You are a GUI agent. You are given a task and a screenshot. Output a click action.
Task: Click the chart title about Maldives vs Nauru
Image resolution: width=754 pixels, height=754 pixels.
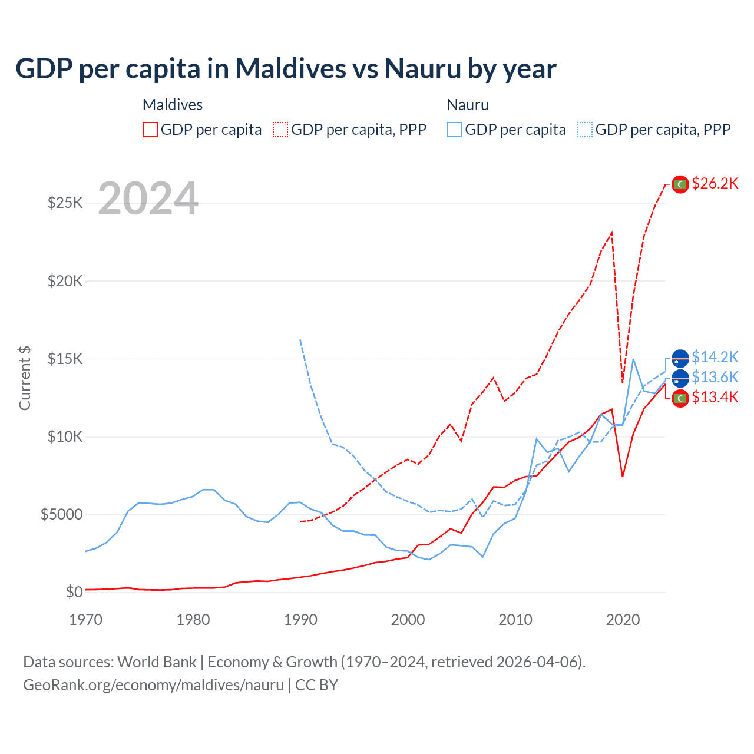click(x=286, y=69)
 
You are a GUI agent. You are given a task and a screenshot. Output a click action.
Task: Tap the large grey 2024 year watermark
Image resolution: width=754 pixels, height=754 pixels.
click(x=148, y=199)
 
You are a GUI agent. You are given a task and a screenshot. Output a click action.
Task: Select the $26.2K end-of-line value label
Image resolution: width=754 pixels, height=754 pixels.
click(x=715, y=184)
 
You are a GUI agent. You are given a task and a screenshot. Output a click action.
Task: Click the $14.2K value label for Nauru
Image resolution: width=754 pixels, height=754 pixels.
click(x=715, y=358)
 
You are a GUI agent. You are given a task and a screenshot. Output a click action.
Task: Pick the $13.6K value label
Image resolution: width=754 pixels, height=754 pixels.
click(x=715, y=378)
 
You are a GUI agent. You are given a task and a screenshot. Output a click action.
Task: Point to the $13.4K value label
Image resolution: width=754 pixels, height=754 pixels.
click(x=715, y=398)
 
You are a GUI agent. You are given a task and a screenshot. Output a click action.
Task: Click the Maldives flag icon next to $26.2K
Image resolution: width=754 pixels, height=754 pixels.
click(x=680, y=184)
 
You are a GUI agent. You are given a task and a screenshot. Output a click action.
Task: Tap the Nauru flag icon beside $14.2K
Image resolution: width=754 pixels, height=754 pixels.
click(x=680, y=358)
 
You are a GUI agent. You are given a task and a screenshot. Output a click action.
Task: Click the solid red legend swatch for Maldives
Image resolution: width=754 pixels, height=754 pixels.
click(x=150, y=130)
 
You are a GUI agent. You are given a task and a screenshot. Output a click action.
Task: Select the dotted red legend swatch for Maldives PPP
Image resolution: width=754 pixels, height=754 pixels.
click(x=281, y=130)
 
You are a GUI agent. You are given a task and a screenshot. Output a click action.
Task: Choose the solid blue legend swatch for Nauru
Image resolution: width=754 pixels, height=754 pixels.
click(x=454, y=130)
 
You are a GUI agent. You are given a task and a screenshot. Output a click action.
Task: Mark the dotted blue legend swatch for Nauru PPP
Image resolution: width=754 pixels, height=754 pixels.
click(x=585, y=130)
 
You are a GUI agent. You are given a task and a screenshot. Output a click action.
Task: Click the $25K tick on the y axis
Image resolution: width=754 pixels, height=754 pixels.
click(x=65, y=203)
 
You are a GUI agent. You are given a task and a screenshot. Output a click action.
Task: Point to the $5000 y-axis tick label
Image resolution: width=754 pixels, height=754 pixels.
click(x=61, y=515)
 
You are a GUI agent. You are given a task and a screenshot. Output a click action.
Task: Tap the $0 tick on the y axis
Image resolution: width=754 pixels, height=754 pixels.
click(x=74, y=593)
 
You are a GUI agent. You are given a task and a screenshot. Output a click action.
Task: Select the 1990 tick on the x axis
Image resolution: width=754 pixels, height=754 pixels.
click(x=300, y=620)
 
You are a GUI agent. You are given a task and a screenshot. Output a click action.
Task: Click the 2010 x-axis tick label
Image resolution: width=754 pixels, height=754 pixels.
click(x=515, y=620)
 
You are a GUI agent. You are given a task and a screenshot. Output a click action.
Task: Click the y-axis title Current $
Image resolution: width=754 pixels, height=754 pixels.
click(x=25, y=378)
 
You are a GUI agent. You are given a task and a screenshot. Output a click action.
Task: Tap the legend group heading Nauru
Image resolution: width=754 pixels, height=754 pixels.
click(x=468, y=105)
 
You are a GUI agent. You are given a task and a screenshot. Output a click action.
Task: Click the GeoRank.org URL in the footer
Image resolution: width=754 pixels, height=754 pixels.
click(x=153, y=685)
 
